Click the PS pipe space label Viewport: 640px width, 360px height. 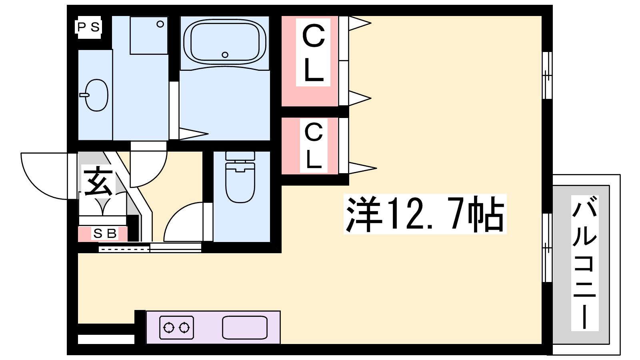point(88,28)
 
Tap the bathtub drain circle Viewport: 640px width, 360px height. point(225,54)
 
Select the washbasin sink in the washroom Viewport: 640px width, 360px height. point(96,95)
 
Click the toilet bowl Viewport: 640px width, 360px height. point(240,183)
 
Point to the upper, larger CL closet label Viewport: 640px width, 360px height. point(314,52)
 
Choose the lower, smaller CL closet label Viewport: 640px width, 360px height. point(314,146)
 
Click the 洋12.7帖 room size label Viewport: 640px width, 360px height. point(425,214)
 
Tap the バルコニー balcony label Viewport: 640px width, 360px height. point(584,262)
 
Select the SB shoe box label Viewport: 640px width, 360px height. point(105,234)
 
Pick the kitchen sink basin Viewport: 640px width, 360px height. point(245,328)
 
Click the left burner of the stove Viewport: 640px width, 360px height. point(169,328)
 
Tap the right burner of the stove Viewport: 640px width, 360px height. point(184,328)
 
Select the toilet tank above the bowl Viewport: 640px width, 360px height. point(240,156)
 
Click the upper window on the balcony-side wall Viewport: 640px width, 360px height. point(547,76)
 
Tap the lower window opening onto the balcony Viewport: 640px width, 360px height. point(547,248)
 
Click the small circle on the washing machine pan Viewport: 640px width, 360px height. point(160,24)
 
